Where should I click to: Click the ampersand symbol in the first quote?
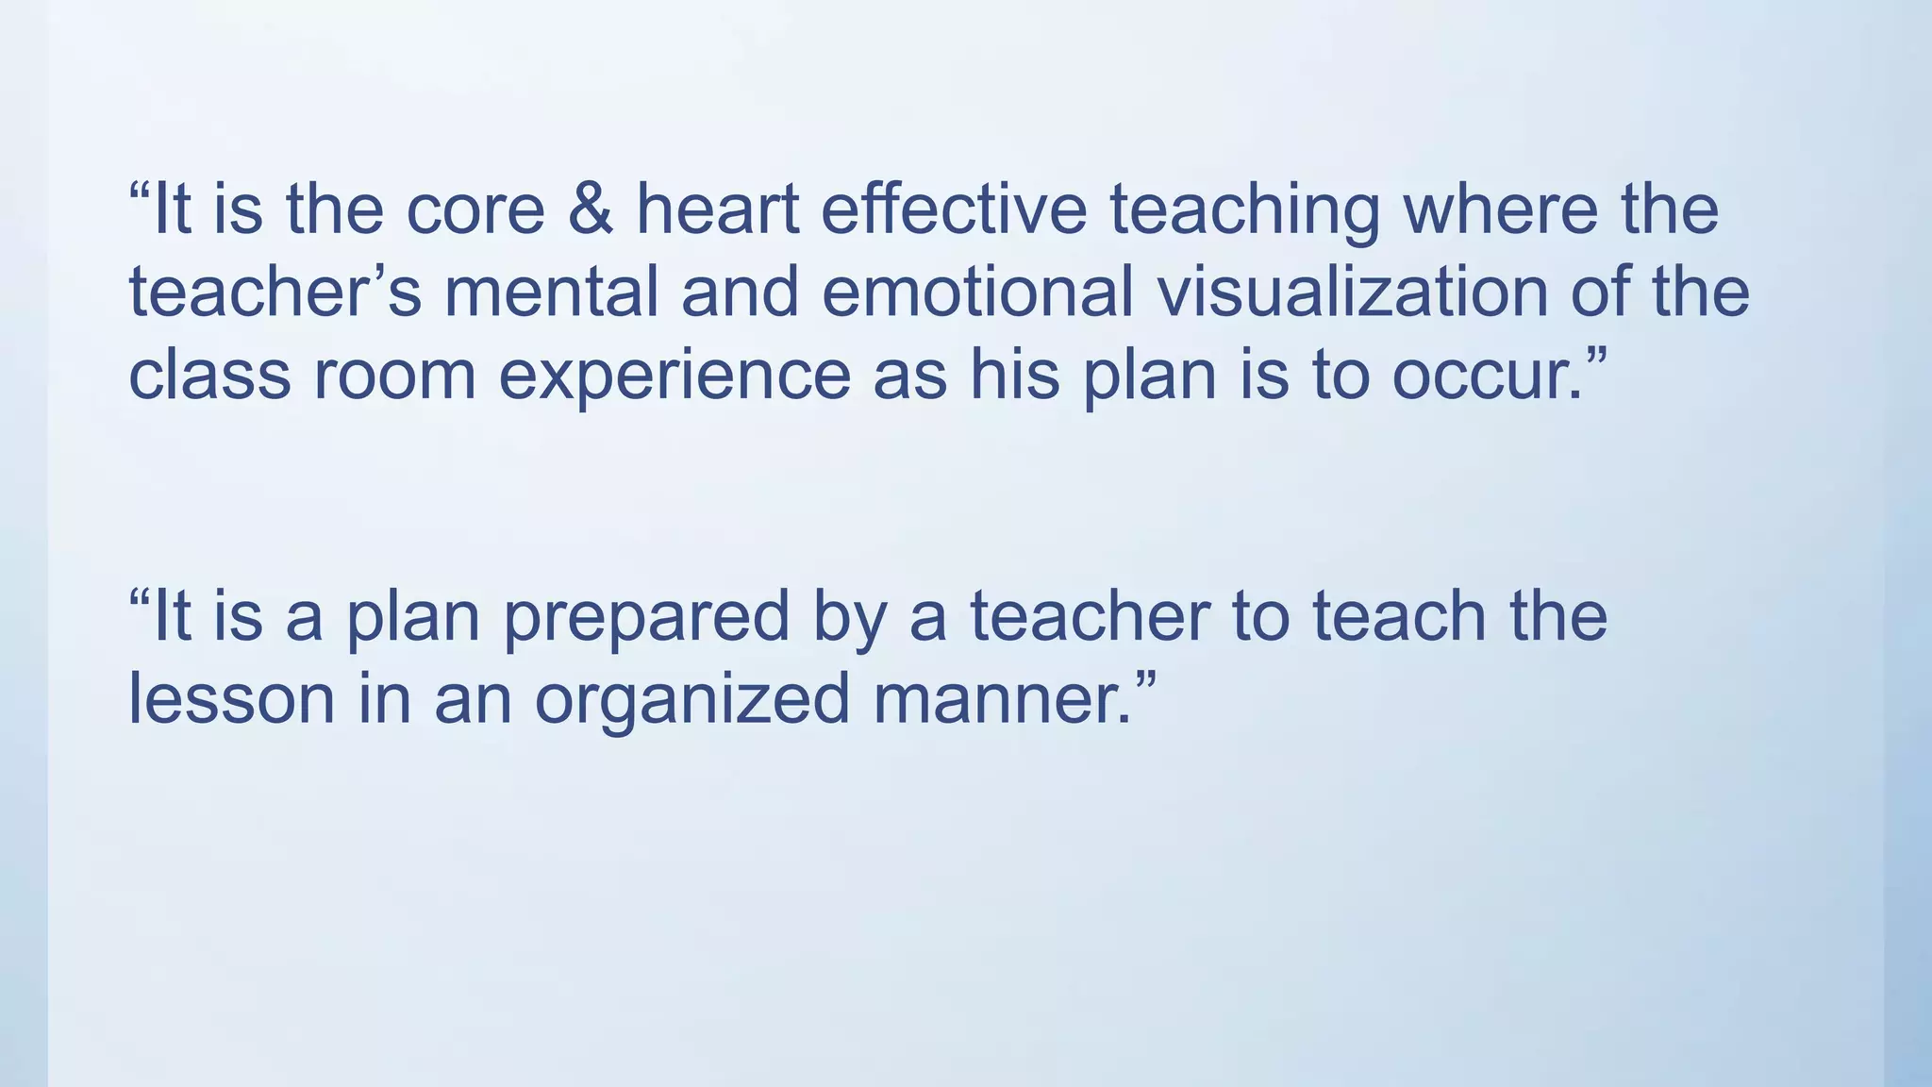tap(591, 209)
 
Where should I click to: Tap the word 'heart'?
tap(718, 209)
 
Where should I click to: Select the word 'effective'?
tap(954, 209)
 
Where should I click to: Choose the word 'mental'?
tap(551, 293)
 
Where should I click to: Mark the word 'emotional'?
tap(977, 293)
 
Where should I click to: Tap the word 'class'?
tap(209, 376)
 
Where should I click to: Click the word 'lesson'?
tap(231, 700)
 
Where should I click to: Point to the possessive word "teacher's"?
tap(275, 293)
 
